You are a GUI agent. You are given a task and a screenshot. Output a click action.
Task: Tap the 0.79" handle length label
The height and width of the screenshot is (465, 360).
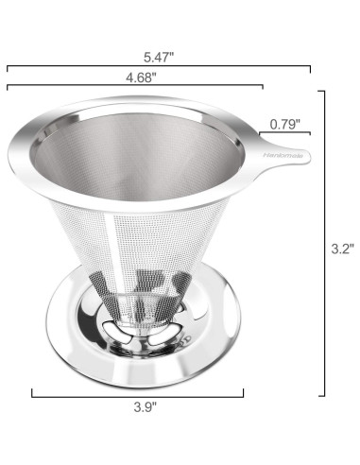click(286, 123)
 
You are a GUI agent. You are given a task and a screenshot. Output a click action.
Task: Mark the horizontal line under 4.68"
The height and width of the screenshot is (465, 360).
click(132, 88)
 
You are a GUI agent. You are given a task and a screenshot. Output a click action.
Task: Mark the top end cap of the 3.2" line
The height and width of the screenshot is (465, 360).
click(325, 91)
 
